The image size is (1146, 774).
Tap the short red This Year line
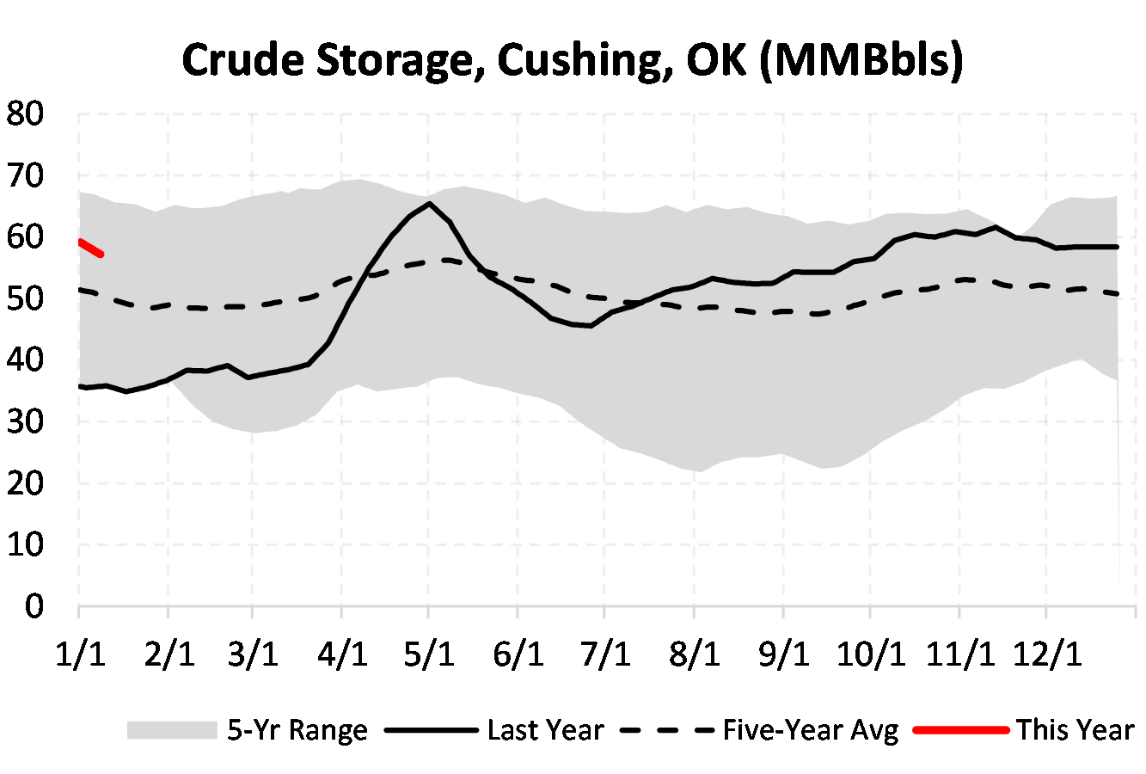click(x=90, y=249)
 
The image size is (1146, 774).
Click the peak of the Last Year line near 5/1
click(x=429, y=204)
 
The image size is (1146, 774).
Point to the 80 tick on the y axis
click(x=25, y=114)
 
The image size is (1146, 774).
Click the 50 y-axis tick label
click(x=25, y=299)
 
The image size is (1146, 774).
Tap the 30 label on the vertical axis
click(x=25, y=422)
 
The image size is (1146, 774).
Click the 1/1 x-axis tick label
click(x=81, y=654)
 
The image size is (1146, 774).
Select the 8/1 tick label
click(x=695, y=654)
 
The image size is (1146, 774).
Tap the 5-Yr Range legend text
click(x=297, y=730)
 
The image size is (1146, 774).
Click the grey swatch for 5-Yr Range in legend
click(x=172, y=730)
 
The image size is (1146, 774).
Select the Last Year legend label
click(x=545, y=730)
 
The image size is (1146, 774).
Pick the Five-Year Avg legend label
click(x=811, y=730)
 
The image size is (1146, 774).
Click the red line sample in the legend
click(x=960, y=730)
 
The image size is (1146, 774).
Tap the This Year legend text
click(x=1076, y=730)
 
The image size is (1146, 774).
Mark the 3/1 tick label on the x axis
click(x=254, y=654)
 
